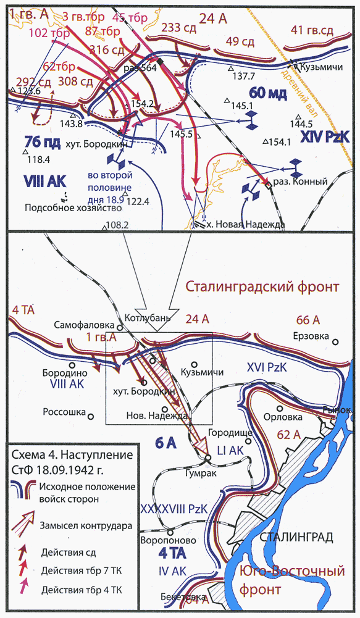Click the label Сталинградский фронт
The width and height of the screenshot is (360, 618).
click(x=262, y=287)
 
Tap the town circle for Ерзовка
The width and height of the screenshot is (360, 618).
click(x=336, y=341)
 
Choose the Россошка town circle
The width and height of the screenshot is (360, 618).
click(x=90, y=416)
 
